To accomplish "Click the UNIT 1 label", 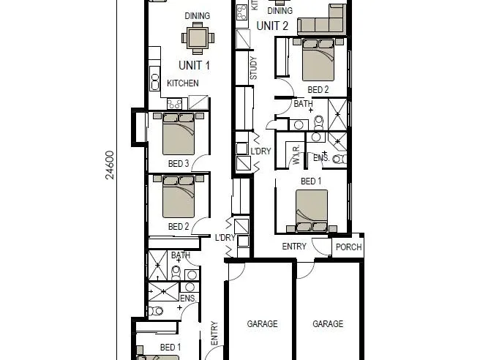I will [194, 65].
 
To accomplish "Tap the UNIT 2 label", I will [272, 26].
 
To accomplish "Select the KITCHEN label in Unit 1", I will [182, 83].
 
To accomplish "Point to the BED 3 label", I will [179, 163].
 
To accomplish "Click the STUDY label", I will [254, 68].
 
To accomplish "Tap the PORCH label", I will [348, 247].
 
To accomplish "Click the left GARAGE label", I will [261, 324].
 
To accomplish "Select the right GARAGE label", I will [328, 324].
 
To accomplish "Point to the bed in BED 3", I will [180, 132].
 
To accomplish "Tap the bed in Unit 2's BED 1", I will [311, 211].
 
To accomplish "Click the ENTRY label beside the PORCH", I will [294, 247].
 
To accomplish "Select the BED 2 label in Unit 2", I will [318, 89].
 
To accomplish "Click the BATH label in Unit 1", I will [180, 255].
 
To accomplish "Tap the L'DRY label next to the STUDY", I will [261, 151].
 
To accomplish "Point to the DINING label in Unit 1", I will [198, 15].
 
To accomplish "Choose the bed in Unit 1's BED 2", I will [180, 197].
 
